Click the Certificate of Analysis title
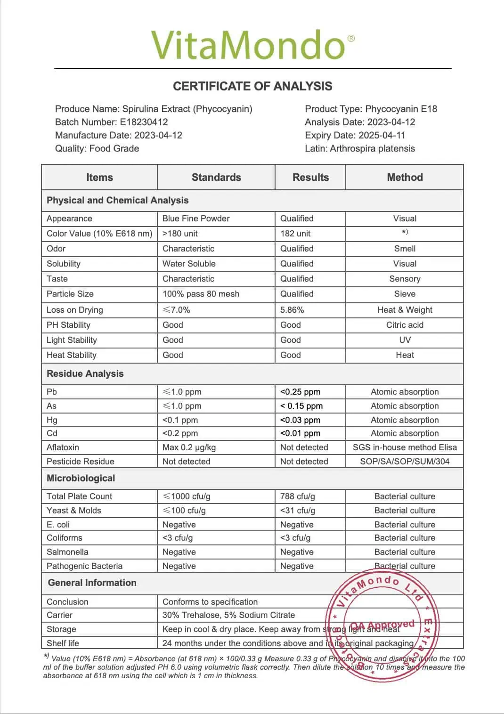[252, 86]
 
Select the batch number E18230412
[144, 122]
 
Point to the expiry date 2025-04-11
[382, 135]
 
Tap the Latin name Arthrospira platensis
[372, 148]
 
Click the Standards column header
[216, 178]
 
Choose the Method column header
[405, 178]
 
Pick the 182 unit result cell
[295, 234]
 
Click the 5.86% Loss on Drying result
[292, 310]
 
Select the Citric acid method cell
[405, 325]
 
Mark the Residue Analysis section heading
[85, 374]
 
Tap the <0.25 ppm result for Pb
[300, 392]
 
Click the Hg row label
[52, 420]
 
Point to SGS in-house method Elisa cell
[405, 447]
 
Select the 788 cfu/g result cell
[298, 496]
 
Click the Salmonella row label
[67, 552]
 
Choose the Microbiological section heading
[81, 479]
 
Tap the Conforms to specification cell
[210, 602]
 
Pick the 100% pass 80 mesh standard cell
[201, 294]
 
